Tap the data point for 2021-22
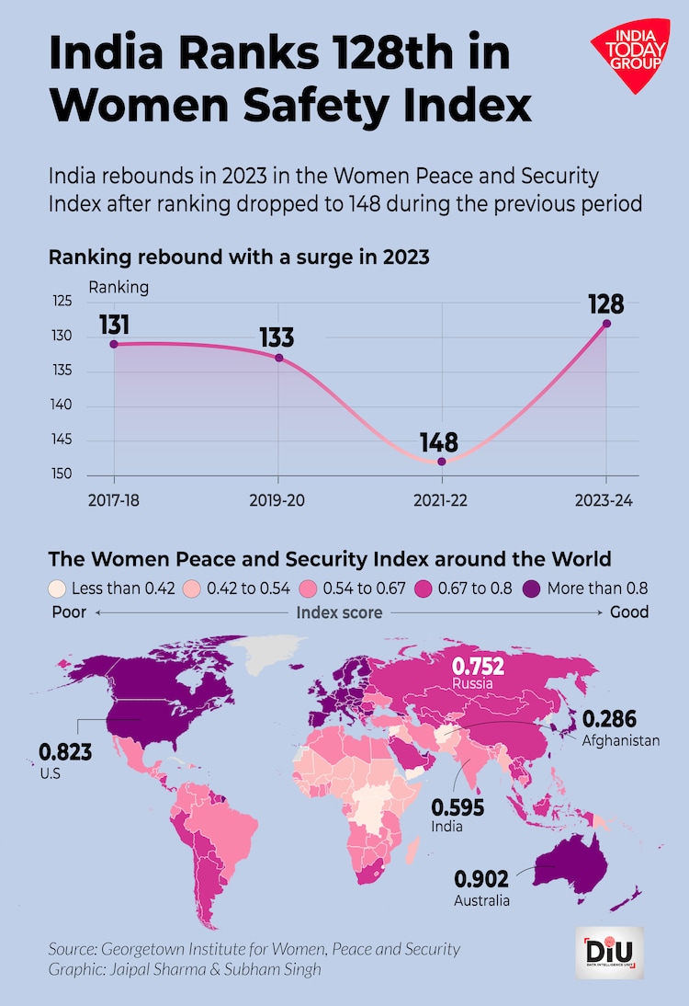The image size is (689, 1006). coord(442,462)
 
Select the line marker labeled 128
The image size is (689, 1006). coord(606,324)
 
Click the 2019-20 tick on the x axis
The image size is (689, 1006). coord(278,502)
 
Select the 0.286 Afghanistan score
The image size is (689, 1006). coord(610,718)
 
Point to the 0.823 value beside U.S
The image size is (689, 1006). coord(65,752)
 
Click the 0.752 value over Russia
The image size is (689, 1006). coord(478,666)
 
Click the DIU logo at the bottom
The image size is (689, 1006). coord(615,953)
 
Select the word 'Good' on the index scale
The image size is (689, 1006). coord(629,612)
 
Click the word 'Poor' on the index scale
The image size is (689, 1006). coord(67,612)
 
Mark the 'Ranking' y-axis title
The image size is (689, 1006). coord(119,287)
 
